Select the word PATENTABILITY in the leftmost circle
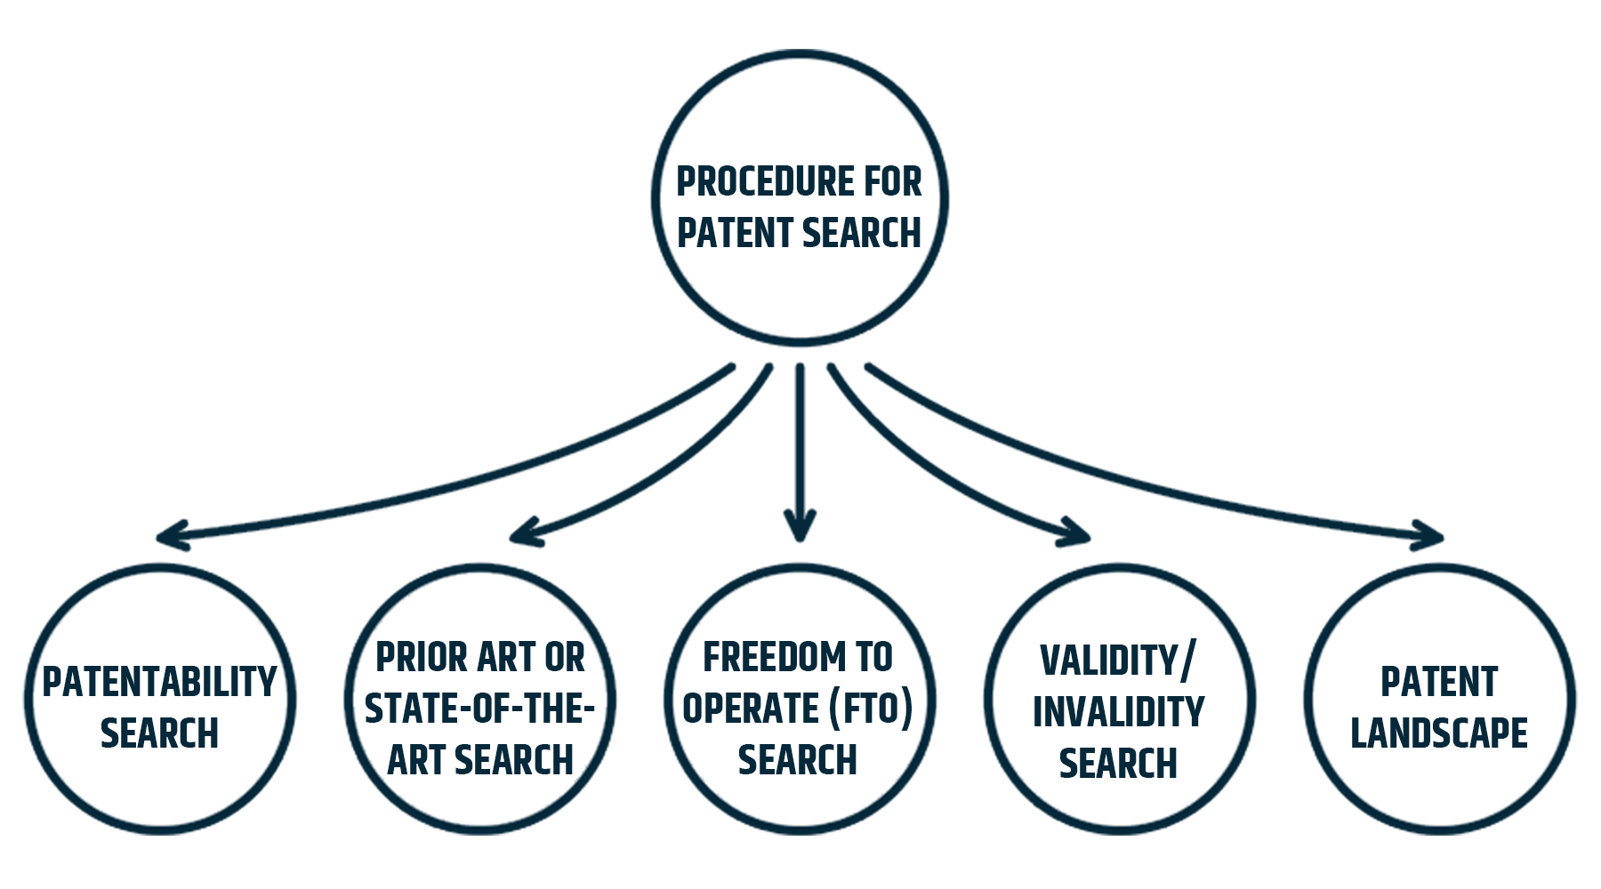coord(160,683)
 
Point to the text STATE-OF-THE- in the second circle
coord(479,709)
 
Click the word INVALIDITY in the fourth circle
coord(1118,712)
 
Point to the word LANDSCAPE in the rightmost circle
coord(1438,734)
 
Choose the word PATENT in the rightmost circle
coord(1438,683)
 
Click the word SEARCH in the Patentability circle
coord(159,734)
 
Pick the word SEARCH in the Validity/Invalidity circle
coord(1118,764)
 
